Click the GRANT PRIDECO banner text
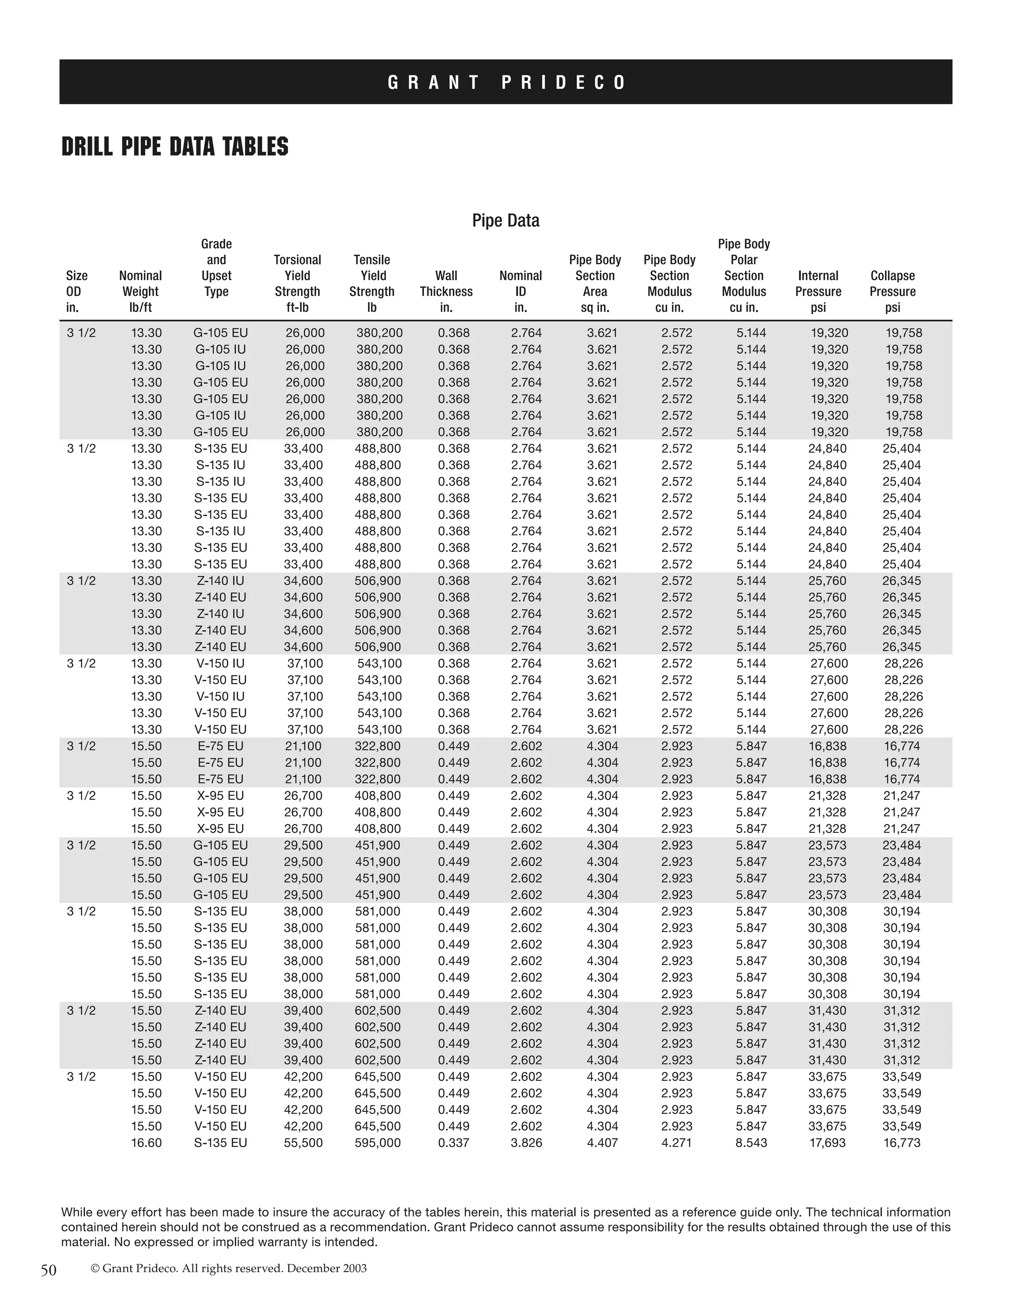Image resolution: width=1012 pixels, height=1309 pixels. click(x=506, y=82)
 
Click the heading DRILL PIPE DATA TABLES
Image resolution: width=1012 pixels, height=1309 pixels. click(x=175, y=147)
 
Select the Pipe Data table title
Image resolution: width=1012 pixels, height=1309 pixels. click(x=506, y=221)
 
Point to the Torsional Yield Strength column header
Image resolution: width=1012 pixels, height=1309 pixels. click(x=297, y=284)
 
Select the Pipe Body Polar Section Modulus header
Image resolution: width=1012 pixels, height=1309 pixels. click(x=743, y=276)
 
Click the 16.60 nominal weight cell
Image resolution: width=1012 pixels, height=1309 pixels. click(x=146, y=1143)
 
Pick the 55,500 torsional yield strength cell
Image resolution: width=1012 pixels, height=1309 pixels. click(x=303, y=1143)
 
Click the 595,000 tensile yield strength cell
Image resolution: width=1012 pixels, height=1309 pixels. click(x=378, y=1143)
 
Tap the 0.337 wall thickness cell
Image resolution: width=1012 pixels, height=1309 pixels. click(x=453, y=1143)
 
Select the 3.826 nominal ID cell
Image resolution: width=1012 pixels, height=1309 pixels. click(x=526, y=1143)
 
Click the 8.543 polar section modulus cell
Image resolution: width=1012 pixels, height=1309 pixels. click(x=751, y=1143)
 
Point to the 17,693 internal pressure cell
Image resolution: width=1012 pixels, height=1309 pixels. click(x=827, y=1143)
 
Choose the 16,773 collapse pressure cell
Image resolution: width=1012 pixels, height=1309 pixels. click(x=902, y=1143)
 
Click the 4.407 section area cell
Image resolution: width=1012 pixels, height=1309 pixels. click(x=602, y=1143)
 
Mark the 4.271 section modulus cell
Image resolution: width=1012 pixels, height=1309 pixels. click(x=676, y=1143)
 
